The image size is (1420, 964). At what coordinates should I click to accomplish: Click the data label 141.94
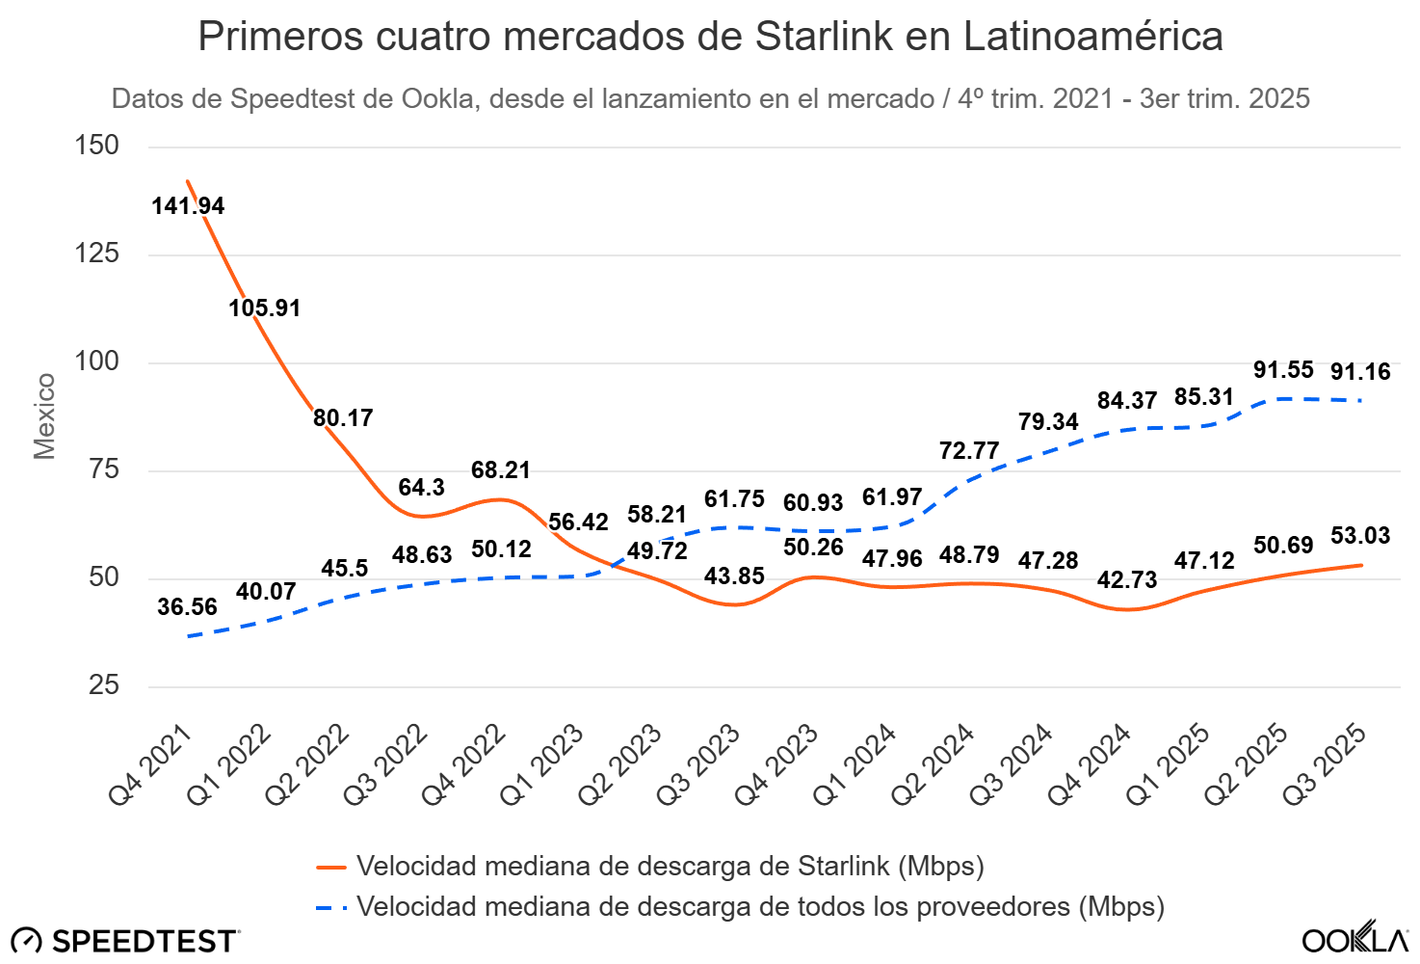coord(188,206)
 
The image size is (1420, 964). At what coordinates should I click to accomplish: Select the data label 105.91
coord(265,308)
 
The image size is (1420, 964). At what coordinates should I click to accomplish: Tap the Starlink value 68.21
coord(501,470)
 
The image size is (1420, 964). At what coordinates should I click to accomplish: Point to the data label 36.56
coord(188,607)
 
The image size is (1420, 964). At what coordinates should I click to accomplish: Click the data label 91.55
coord(1283,370)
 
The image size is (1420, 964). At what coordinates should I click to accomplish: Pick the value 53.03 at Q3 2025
coord(1360,536)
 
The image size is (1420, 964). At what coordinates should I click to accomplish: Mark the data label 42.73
coord(1127,580)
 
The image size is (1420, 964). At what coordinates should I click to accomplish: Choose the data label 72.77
coord(969,451)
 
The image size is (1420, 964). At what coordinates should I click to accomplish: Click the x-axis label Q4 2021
coord(151,764)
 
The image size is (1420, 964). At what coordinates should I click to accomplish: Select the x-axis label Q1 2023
coord(542,764)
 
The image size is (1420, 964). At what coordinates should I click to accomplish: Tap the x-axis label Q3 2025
coord(1325,764)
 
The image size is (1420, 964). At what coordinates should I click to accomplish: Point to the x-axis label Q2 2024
coord(934,764)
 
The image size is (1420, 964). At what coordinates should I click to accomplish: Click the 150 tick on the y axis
coord(97,146)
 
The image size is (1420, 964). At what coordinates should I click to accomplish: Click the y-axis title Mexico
coord(44,416)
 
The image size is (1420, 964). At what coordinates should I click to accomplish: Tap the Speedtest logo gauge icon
coord(26,941)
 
